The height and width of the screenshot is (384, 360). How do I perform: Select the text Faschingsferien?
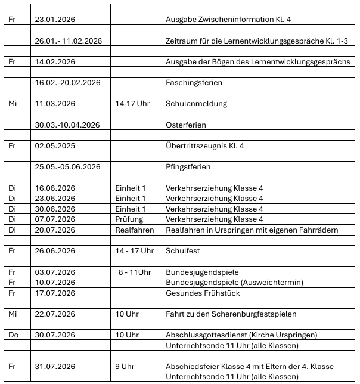pyautogui.click(x=190, y=82)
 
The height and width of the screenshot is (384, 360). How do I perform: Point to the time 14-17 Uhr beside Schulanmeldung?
pyautogui.click(x=132, y=104)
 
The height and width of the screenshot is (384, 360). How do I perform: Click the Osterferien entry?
pyautogui.click(x=185, y=125)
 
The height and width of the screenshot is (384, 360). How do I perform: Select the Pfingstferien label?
pyautogui.click(x=188, y=167)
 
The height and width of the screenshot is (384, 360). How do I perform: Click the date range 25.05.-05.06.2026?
pyautogui.click(x=67, y=167)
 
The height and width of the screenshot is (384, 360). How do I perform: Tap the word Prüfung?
pyautogui.click(x=129, y=219)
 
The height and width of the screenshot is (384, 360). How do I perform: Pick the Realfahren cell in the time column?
pyautogui.click(x=134, y=230)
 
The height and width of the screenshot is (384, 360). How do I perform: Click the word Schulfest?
pyautogui.click(x=184, y=251)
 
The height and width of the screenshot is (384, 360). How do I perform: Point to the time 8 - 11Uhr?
pyautogui.click(x=134, y=272)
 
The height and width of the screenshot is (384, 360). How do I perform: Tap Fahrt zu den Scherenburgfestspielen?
pyautogui.click(x=231, y=314)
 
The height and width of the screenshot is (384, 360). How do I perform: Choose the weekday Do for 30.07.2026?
pyautogui.click(x=13, y=335)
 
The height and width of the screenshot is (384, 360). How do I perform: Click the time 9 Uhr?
pyautogui.click(x=127, y=366)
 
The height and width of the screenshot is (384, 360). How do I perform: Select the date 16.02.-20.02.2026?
pyautogui.click(x=67, y=82)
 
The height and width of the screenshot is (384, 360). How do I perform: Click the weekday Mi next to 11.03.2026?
pyautogui.click(x=13, y=104)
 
